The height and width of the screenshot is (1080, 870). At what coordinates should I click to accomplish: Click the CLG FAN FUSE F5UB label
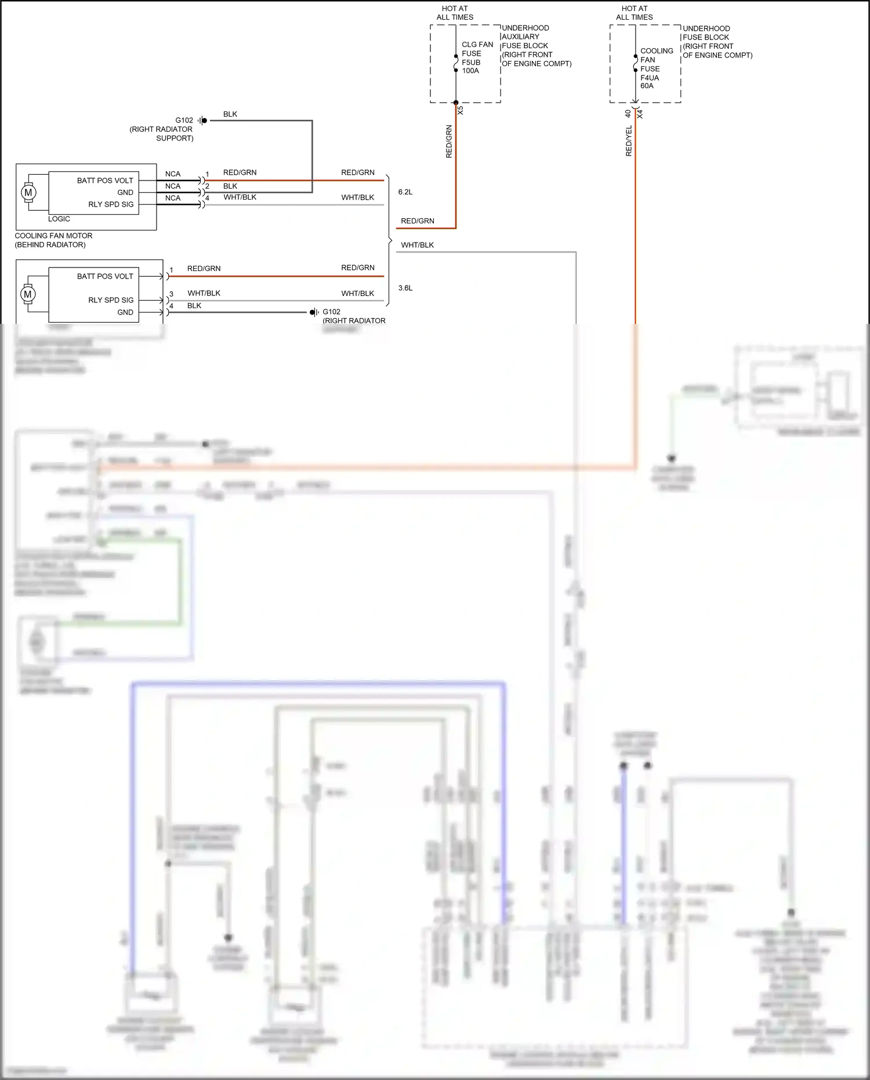coord(477,53)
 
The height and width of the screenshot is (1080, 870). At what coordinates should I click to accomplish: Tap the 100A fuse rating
coord(470,71)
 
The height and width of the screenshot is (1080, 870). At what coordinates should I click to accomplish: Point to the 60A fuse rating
coord(647,86)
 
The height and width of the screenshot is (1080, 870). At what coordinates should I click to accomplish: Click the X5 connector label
coord(461,110)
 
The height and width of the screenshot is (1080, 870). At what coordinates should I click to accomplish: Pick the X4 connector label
coord(640,114)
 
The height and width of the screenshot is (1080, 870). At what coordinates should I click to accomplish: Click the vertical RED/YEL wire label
coord(629,141)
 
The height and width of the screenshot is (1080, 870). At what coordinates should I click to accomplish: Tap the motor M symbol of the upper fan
coord(28,193)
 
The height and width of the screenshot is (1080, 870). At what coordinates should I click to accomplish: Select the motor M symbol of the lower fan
coord(28,294)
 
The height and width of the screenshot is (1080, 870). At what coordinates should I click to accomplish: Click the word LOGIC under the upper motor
coord(59,219)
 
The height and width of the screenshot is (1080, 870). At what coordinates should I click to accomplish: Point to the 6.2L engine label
coord(405,192)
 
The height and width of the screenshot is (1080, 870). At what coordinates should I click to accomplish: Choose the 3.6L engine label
coord(405,288)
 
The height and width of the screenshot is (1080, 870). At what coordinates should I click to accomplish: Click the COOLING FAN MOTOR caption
coord(53,236)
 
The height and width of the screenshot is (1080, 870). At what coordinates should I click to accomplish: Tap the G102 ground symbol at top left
coord(202,121)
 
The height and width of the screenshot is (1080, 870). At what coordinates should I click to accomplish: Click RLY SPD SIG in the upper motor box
coord(111,204)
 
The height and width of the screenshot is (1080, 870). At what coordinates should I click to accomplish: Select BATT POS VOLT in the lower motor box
coord(105,276)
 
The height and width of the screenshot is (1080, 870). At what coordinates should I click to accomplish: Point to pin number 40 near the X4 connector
coord(628,114)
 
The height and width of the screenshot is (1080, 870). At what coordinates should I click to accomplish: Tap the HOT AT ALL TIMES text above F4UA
coord(634,13)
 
